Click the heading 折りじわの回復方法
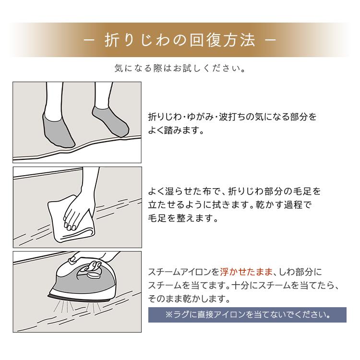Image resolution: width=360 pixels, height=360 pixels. tap(180, 40)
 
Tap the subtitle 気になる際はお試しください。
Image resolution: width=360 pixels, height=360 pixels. tap(180, 68)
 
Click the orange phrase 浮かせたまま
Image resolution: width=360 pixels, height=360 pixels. tap(245, 271)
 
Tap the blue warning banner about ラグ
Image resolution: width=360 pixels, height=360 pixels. tap(247, 315)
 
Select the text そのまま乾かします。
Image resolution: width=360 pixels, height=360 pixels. tap(187, 299)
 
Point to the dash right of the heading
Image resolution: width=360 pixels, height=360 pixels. tap(271, 40)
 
